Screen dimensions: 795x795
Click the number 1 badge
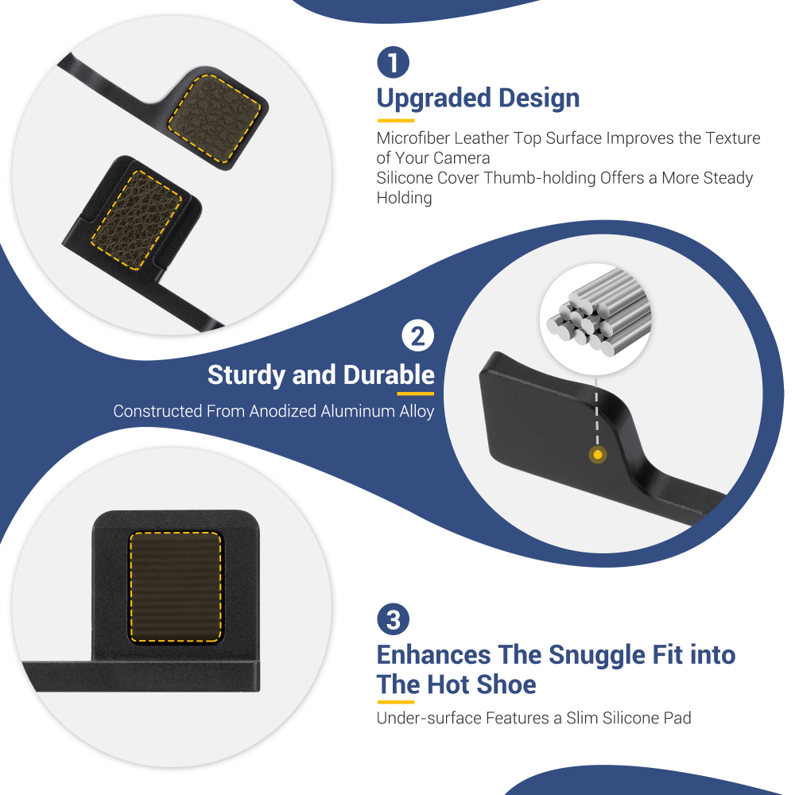tap(393, 62)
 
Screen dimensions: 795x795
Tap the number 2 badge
tap(418, 335)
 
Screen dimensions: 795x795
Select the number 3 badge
tap(393, 619)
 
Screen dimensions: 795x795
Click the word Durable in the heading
tap(389, 374)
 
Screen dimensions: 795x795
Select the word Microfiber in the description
tap(413, 138)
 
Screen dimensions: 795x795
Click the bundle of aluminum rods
tap(599, 312)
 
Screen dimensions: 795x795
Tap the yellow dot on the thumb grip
tap(597, 455)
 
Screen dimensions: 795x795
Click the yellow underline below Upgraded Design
tap(396, 121)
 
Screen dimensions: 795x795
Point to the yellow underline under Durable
tap(415, 394)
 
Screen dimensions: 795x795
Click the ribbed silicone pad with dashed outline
tap(176, 588)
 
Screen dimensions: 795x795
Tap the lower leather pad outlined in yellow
tap(137, 219)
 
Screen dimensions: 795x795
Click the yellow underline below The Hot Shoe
tap(396, 702)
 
